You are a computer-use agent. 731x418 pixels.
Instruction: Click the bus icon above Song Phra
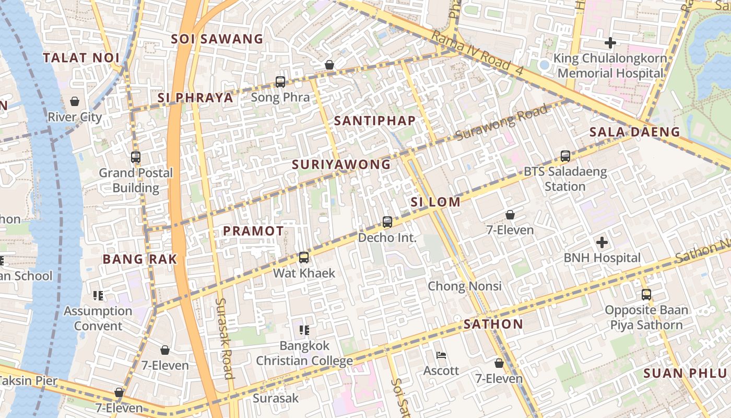(280, 82)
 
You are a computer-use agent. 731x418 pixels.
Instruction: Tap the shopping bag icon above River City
(75, 101)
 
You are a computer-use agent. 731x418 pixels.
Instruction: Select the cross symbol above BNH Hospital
(602, 242)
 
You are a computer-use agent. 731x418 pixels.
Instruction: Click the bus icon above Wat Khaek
(304, 258)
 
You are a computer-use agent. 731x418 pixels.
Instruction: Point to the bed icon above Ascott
(441, 356)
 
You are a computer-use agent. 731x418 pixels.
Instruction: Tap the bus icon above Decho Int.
(387, 222)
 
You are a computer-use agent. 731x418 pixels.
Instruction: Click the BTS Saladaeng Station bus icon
(565, 156)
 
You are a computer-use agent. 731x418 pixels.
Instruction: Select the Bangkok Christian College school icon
(304, 330)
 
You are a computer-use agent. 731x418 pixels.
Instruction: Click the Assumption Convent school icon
(98, 296)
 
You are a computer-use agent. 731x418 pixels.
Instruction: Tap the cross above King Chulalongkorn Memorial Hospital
(610, 43)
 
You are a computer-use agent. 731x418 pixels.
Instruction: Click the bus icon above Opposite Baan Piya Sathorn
(646, 295)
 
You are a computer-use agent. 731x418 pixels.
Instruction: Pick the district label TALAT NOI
(81, 58)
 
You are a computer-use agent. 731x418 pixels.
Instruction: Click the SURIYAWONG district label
(341, 165)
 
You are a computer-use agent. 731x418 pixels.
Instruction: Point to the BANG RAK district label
(140, 259)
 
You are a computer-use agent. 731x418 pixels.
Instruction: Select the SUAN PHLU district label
(685, 373)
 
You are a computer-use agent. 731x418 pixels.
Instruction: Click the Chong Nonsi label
(465, 286)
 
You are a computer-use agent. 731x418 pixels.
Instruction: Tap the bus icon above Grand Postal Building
(136, 157)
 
